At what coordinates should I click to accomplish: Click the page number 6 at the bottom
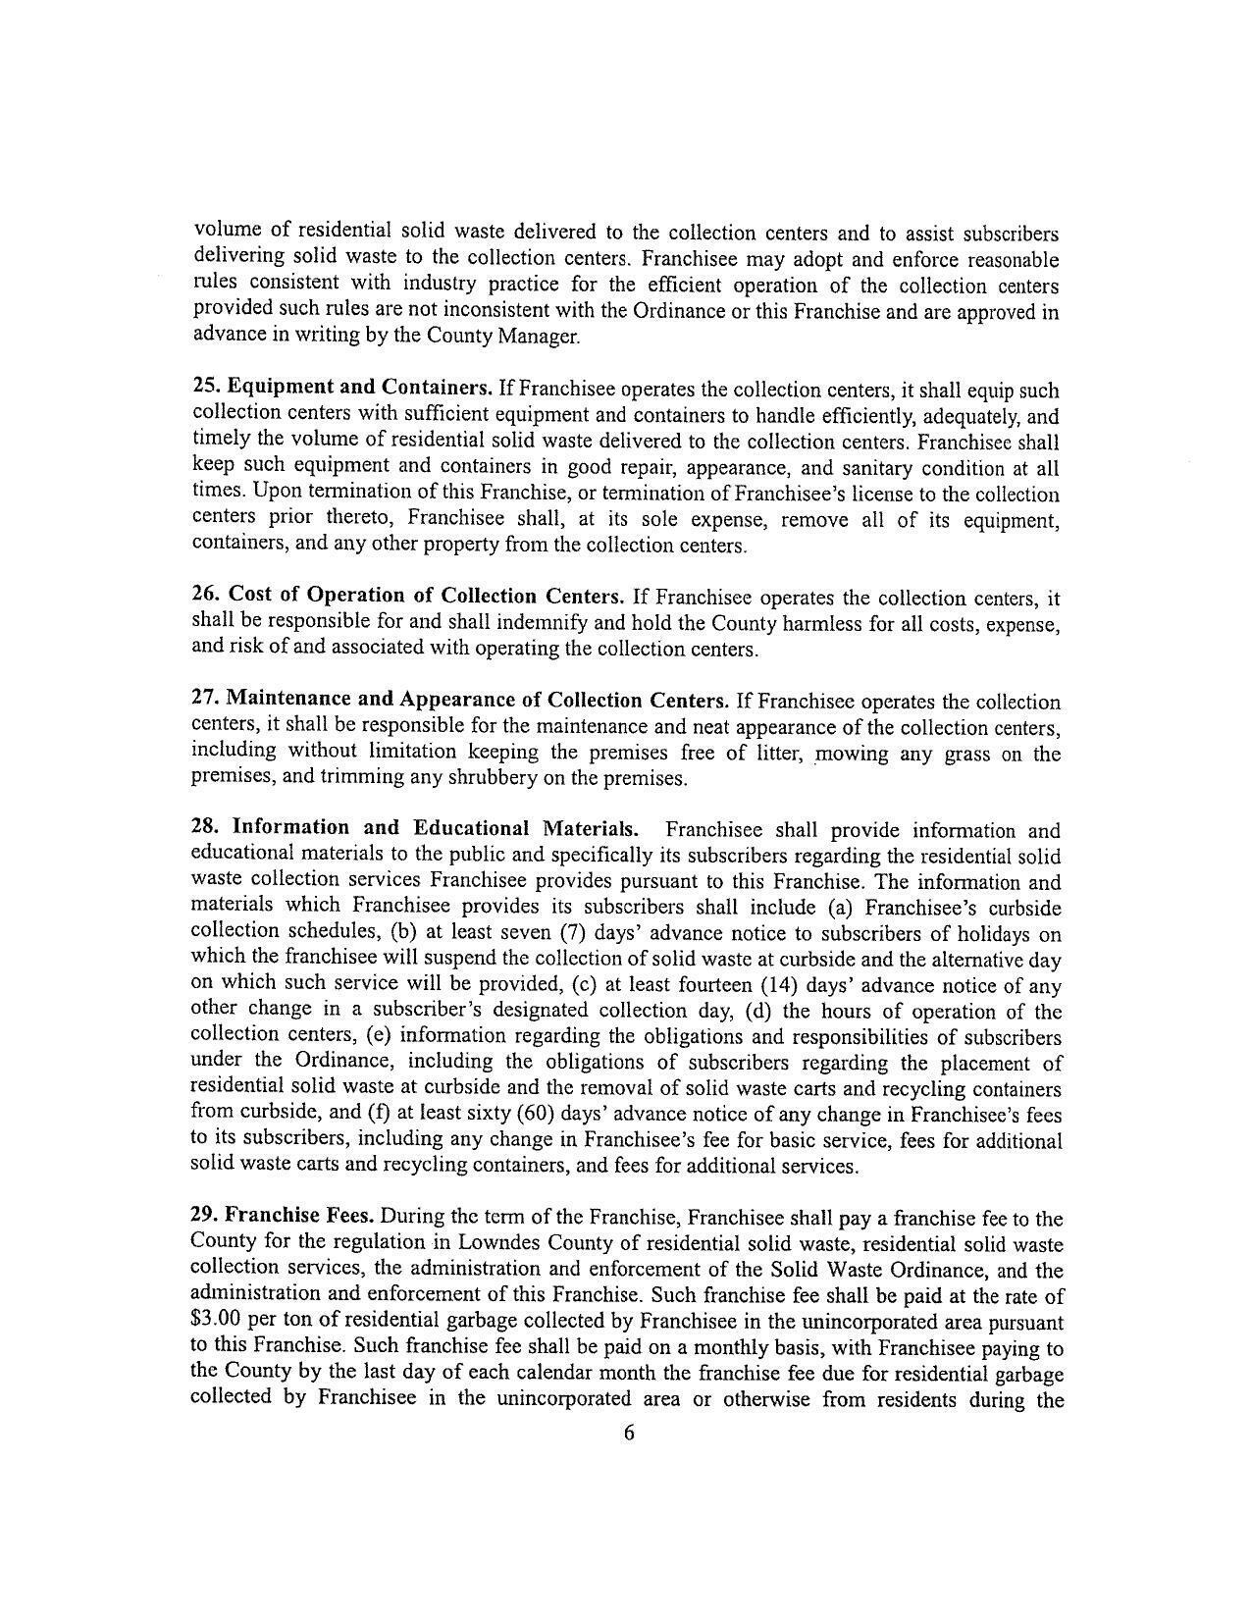point(628,1434)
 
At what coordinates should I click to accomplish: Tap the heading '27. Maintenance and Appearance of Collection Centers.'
point(459,700)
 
